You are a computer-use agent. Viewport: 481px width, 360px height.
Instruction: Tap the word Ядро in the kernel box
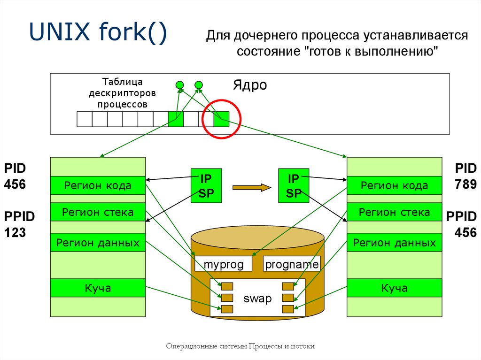point(250,85)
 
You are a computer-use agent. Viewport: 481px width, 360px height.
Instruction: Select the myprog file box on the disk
point(224,265)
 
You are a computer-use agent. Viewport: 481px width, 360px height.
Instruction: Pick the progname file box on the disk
point(292,265)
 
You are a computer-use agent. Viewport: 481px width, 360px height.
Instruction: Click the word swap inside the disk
point(257,299)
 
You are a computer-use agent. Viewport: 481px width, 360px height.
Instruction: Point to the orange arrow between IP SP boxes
point(252,187)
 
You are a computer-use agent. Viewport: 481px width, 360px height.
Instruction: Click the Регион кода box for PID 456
point(98,185)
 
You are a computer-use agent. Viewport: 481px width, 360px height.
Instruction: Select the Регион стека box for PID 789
point(394,213)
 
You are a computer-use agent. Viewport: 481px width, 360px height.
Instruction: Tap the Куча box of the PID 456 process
point(98,288)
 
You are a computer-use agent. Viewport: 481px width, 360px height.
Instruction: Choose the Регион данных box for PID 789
point(394,243)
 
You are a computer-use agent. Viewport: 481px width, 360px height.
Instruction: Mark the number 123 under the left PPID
point(16,232)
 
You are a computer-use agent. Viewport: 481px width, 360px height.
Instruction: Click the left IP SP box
point(206,185)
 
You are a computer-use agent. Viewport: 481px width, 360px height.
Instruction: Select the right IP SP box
point(294,185)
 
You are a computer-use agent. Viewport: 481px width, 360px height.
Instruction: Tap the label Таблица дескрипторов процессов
point(122,93)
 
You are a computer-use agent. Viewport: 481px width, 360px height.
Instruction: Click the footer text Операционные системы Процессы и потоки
point(240,346)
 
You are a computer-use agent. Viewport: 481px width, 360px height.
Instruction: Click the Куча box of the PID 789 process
point(394,288)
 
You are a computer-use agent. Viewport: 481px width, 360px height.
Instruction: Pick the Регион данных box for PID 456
point(98,243)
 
